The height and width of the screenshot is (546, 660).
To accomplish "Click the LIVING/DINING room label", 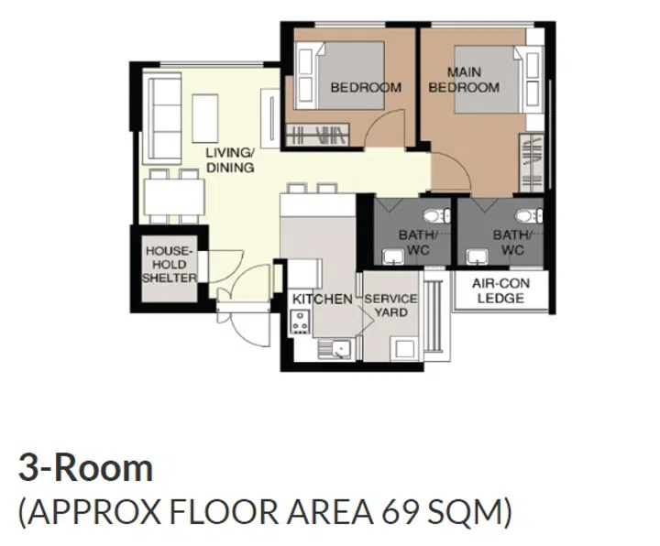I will [229, 160].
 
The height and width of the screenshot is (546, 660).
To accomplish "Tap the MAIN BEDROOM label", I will [464, 80].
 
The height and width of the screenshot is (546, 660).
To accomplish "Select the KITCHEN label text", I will [321, 300].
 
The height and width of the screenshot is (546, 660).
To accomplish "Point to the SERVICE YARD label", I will [390, 305].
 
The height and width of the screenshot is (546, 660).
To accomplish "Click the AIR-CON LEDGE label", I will [500, 291].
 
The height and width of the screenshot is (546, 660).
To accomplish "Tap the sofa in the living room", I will [166, 119].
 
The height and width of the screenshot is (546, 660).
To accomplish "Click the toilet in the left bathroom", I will [435, 216].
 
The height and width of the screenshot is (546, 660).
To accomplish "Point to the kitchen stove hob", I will [300, 320].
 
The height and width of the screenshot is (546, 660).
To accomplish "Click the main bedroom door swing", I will [449, 174].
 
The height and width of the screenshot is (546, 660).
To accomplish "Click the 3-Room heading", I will [85, 468].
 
